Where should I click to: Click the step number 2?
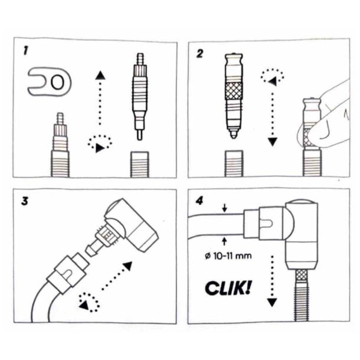pyautogui.click(x=200, y=53)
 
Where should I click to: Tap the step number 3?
pyautogui.click(x=25, y=199)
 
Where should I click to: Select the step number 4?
pyautogui.click(x=200, y=199)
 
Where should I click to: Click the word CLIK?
pyautogui.click(x=228, y=287)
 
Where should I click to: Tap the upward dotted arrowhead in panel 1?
pyautogui.click(x=100, y=74)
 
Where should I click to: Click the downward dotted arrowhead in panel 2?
pyautogui.click(x=273, y=142)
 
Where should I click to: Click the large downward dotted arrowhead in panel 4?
pyautogui.click(x=271, y=302)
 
